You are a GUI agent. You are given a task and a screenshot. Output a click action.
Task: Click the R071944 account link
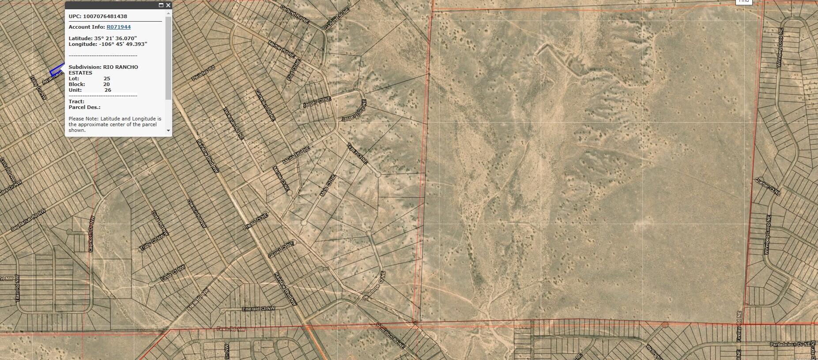(118, 27)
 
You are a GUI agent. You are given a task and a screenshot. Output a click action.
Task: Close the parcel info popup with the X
(168, 5)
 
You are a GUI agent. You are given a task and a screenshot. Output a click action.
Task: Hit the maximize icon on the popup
(161, 5)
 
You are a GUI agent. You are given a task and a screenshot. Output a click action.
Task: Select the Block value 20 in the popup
(106, 84)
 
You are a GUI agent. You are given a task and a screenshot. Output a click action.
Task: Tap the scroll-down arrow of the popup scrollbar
(168, 131)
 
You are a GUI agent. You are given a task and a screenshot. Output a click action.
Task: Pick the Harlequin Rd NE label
(234, 123)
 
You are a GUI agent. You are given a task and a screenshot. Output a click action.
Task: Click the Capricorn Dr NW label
(91, 234)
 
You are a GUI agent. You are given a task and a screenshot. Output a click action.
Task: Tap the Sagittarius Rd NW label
(28, 221)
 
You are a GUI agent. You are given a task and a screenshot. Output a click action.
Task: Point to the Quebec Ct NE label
(768, 186)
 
